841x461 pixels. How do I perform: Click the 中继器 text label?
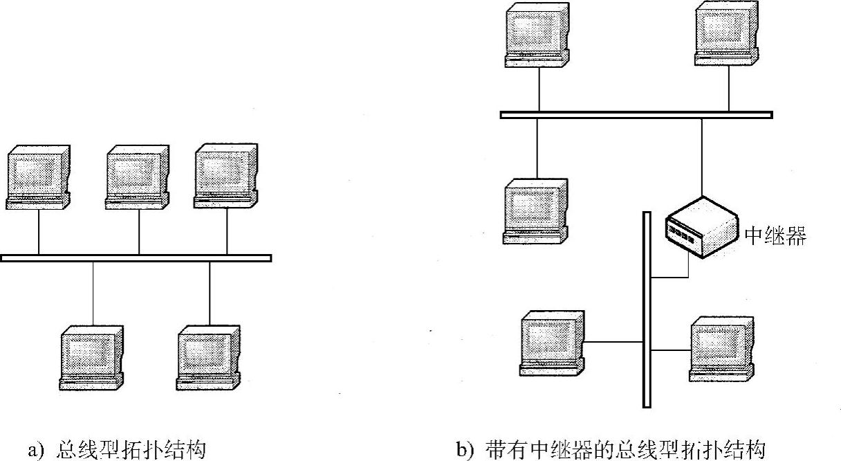[775, 237]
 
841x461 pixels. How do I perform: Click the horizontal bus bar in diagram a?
[136, 258]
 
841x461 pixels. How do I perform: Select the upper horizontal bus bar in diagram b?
[636, 115]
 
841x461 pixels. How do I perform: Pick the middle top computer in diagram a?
[138, 177]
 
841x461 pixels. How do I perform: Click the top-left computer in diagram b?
[537, 35]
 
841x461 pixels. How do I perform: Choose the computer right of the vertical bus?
[721, 348]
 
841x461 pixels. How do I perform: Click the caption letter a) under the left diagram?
[35, 451]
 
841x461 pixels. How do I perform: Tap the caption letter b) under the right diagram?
[463, 451]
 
